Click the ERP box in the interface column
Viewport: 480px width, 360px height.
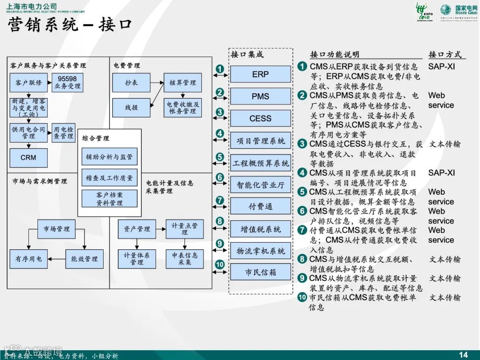pos(260,74)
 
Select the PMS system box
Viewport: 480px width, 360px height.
pos(260,96)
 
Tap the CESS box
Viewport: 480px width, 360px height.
pos(260,119)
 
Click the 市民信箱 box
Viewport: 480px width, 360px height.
pos(260,272)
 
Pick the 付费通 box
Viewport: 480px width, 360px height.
pos(260,206)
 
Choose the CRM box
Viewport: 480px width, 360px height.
pos(28,158)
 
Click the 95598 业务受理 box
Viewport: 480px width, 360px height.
pos(67,83)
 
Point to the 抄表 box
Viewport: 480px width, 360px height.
pos(131,83)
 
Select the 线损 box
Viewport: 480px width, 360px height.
pos(131,108)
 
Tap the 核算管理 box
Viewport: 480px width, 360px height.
pos(182,83)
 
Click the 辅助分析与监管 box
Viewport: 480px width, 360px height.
pos(109,156)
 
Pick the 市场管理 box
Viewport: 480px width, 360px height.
pos(56,229)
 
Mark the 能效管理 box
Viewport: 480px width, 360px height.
pos(84,259)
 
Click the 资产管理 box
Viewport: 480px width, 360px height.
pos(137,229)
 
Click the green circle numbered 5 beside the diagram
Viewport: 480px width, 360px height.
pos(220,157)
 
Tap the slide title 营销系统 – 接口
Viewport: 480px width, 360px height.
pos(70,24)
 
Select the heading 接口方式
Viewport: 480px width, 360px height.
pos(444,55)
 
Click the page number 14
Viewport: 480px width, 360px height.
pos(463,354)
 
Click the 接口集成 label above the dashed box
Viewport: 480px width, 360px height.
pos(247,55)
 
